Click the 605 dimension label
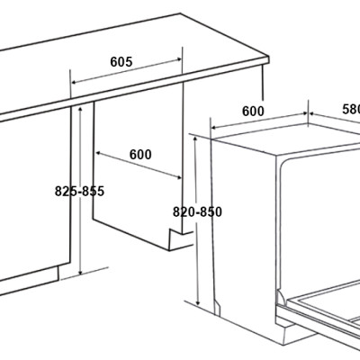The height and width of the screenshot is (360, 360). [121, 62]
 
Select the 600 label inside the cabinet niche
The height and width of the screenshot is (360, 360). [140, 154]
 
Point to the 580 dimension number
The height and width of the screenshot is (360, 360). [350, 109]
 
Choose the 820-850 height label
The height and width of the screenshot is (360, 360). [197, 212]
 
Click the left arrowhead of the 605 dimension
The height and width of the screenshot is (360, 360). [72, 90]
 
